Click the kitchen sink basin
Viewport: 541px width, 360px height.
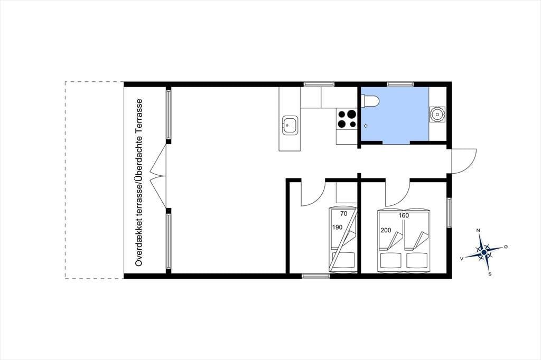[290, 126]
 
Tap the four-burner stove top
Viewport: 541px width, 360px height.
[347, 119]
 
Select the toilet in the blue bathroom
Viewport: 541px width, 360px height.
[370, 101]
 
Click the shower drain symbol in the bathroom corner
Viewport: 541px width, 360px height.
[437, 115]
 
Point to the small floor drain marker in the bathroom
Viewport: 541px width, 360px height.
[366, 126]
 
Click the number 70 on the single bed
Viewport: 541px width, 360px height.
[343, 214]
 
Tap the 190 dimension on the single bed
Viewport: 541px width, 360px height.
[337, 227]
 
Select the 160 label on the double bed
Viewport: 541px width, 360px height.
[403, 215]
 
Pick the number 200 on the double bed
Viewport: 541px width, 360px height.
[386, 230]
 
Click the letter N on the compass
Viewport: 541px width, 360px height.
[478, 230]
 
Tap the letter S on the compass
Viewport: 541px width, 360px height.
[490, 274]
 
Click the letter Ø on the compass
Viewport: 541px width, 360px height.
[506, 247]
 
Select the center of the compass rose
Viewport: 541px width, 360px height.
[484, 253]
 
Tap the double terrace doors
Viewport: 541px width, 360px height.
[158, 176]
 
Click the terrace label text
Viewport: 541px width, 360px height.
[139, 183]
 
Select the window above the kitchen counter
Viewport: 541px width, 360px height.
[319, 84]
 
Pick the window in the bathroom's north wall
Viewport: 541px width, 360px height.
[400, 84]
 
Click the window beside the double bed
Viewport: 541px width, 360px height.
[449, 212]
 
